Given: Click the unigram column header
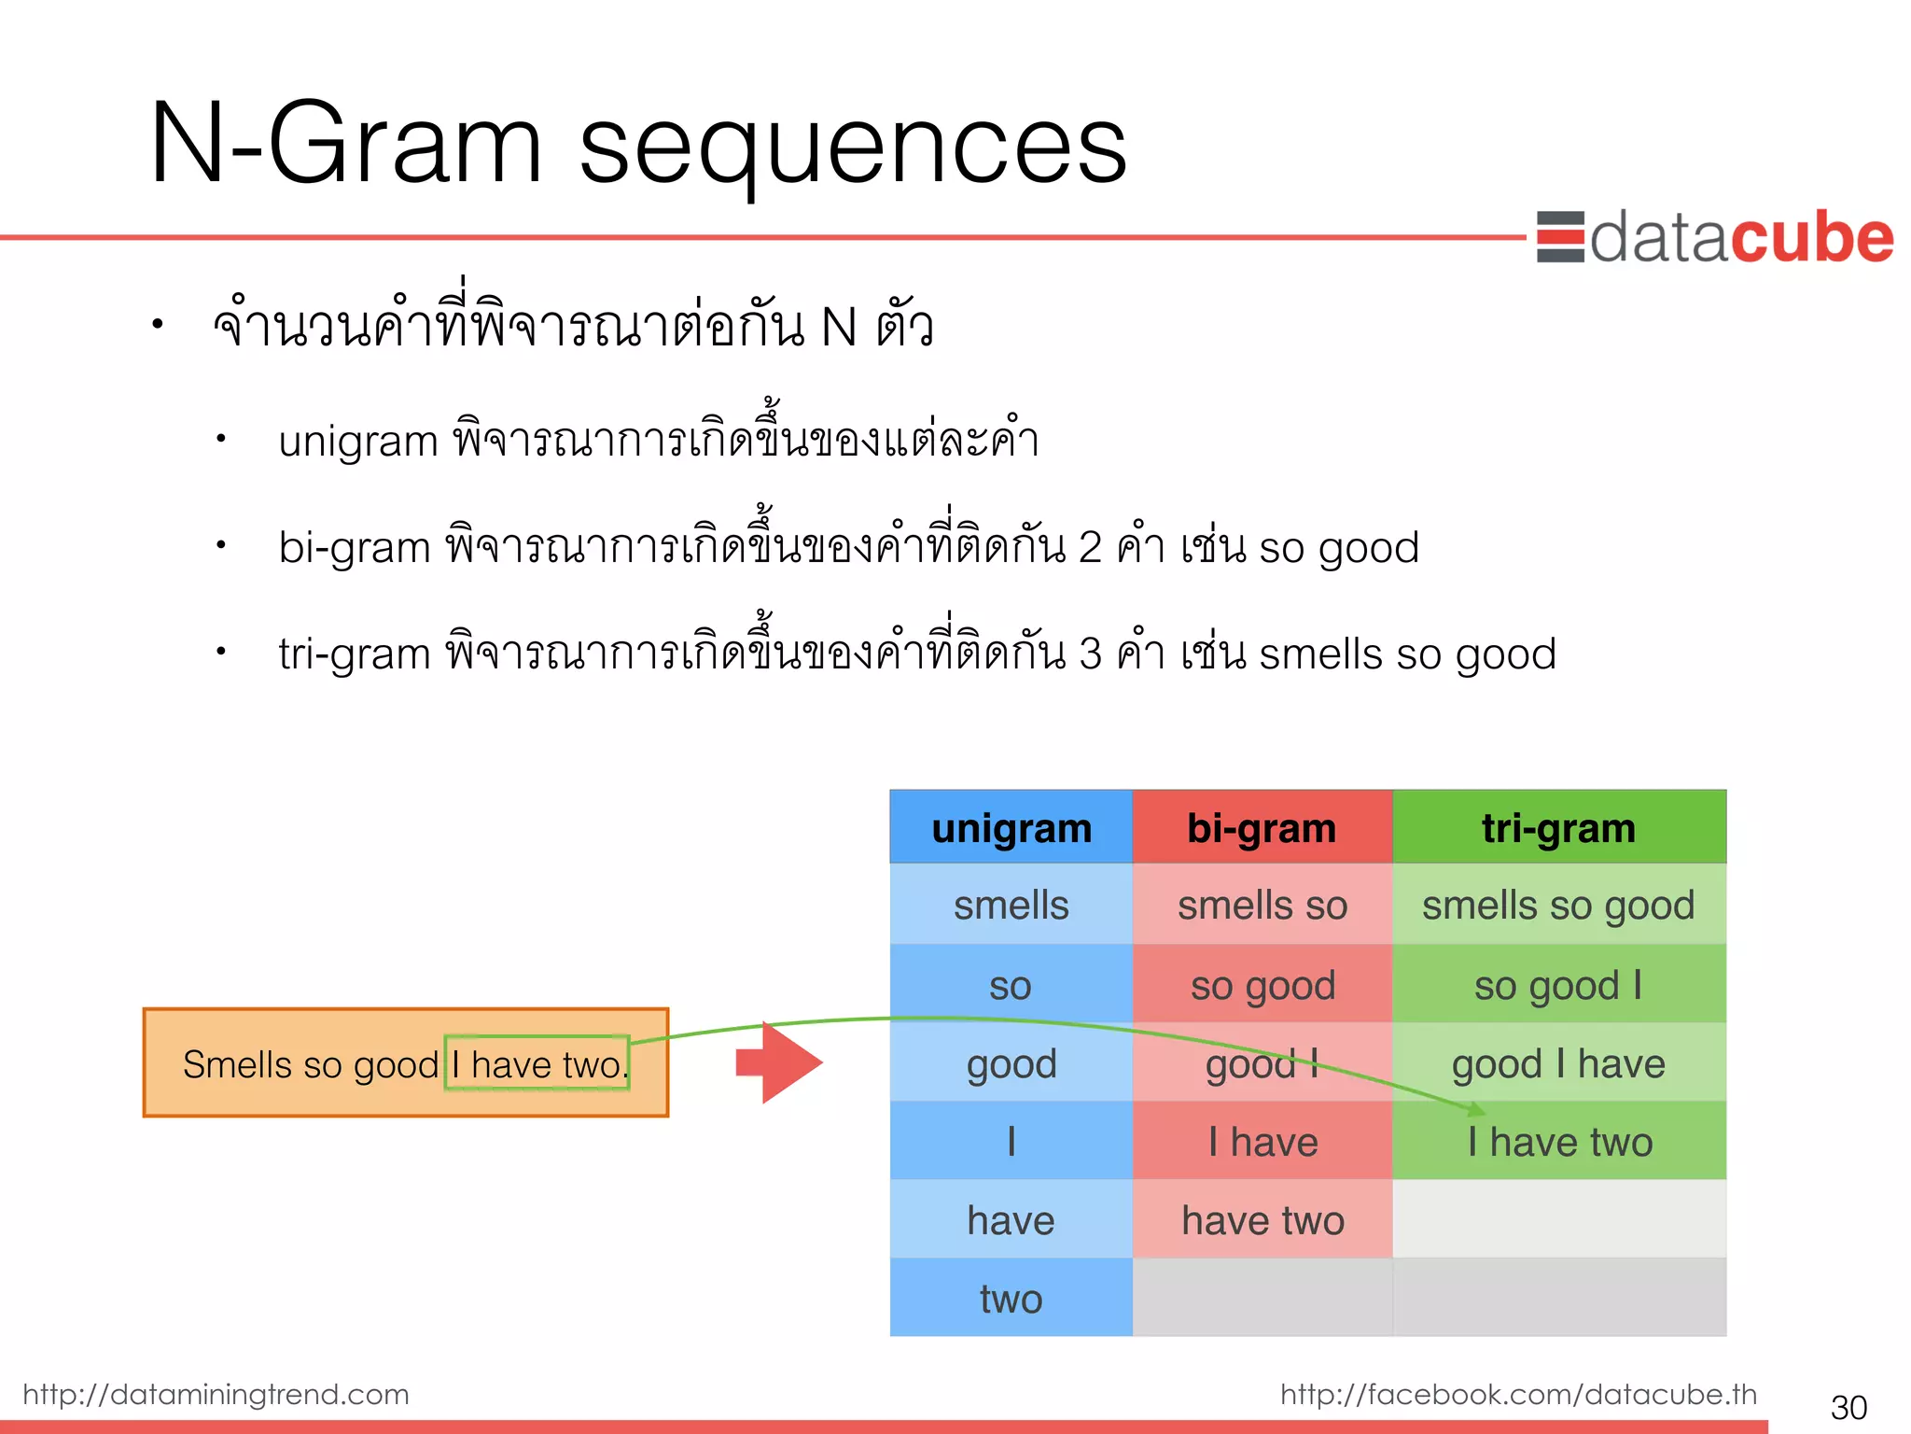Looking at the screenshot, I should point(1011,828).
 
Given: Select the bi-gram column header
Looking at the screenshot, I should point(1262,828).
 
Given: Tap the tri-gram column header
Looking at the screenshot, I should point(1558,828).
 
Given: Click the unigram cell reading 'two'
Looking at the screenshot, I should point(1011,1299).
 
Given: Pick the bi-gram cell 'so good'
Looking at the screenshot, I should point(1262,985).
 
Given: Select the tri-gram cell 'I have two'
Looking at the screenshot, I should point(1559,1142).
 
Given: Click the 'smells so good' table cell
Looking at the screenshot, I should point(1558,905).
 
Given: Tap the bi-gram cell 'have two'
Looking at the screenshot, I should point(1262,1220).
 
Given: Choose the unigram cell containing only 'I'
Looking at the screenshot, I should point(1011,1142).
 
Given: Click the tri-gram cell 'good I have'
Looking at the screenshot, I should point(1558,1063).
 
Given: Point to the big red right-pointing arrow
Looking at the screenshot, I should point(779,1062).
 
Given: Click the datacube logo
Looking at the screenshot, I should point(1715,238).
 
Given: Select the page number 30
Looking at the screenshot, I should point(1848,1407).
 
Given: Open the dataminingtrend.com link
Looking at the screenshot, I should point(216,1394).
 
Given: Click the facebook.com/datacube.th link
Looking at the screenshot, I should point(1518,1394).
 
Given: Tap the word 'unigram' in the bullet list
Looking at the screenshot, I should point(358,441).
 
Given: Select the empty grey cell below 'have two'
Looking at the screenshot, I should point(1262,1298).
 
